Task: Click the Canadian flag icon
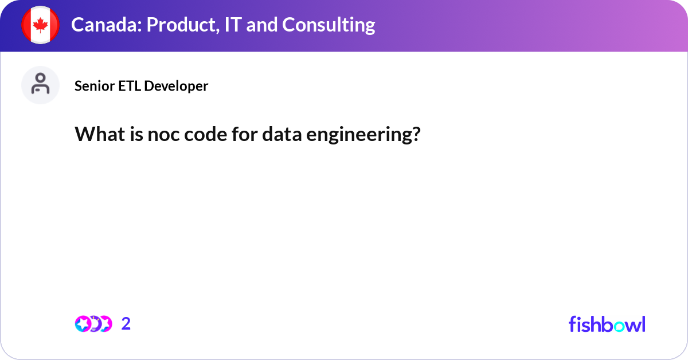click(x=40, y=25)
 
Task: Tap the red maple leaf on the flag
click(x=40, y=25)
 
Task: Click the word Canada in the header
click(x=106, y=25)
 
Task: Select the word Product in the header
click(x=183, y=25)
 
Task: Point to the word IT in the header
click(x=233, y=25)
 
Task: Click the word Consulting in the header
click(x=329, y=25)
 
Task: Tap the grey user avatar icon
click(x=40, y=85)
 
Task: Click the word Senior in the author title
click(x=95, y=86)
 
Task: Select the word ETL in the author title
click(x=130, y=86)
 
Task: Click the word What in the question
click(x=100, y=134)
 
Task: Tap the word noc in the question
click(x=163, y=135)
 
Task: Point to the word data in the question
click(x=282, y=134)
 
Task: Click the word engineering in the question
click(x=359, y=135)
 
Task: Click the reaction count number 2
click(x=126, y=324)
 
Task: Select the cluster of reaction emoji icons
click(x=93, y=324)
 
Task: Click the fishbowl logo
click(x=607, y=324)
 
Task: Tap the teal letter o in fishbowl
click(x=619, y=326)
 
